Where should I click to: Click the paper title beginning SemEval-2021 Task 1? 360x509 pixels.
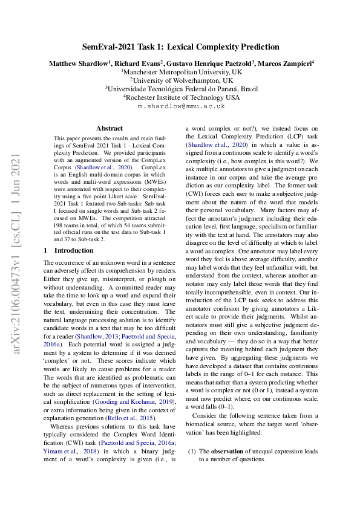click(x=180, y=47)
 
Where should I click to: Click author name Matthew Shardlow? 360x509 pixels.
click(x=77, y=62)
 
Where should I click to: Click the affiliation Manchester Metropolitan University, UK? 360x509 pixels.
click(x=182, y=71)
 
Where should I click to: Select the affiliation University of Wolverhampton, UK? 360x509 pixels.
click(x=182, y=80)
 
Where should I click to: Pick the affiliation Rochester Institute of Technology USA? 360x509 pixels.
click(x=182, y=97)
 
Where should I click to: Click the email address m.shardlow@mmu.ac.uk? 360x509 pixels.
click(x=181, y=106)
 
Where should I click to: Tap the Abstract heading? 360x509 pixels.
click(x=110, y=128)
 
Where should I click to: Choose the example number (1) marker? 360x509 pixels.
click(x=191, y=451)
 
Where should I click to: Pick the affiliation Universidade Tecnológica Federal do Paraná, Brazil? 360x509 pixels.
click(x=182, y=88)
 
